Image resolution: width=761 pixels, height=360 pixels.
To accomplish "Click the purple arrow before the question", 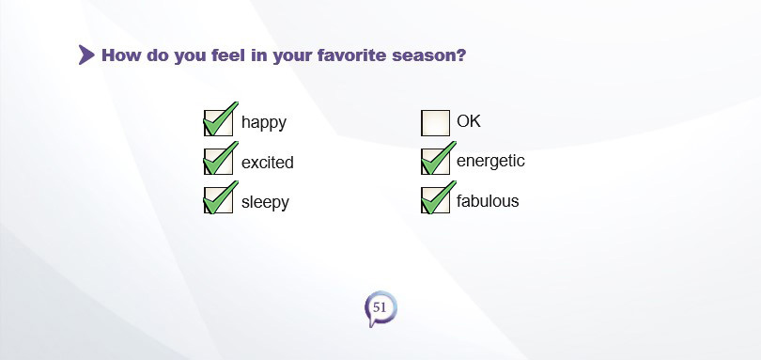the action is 86,55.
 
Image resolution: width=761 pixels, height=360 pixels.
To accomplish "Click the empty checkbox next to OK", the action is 435,123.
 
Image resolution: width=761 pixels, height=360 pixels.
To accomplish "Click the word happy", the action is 264,122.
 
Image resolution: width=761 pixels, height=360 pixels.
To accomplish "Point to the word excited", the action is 268,162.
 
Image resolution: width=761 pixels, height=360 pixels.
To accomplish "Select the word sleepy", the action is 265,202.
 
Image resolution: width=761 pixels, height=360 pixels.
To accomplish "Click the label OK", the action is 469,121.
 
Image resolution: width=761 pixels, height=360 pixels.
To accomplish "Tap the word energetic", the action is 490,162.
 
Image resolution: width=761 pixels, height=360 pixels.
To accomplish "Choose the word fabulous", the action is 488,200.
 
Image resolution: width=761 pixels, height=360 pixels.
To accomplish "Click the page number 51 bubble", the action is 380,308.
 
